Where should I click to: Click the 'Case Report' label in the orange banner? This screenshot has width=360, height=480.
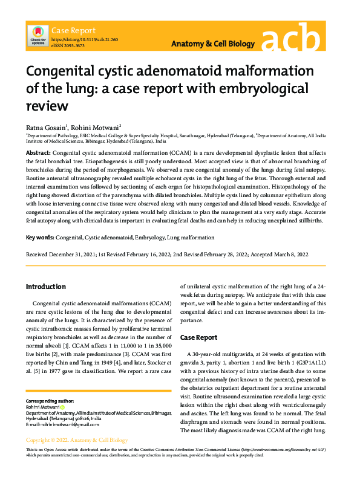[x=74, y=30]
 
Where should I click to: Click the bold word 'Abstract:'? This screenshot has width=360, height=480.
[x=38, y=154]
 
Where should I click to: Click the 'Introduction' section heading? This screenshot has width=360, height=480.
[x=45, y=286]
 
